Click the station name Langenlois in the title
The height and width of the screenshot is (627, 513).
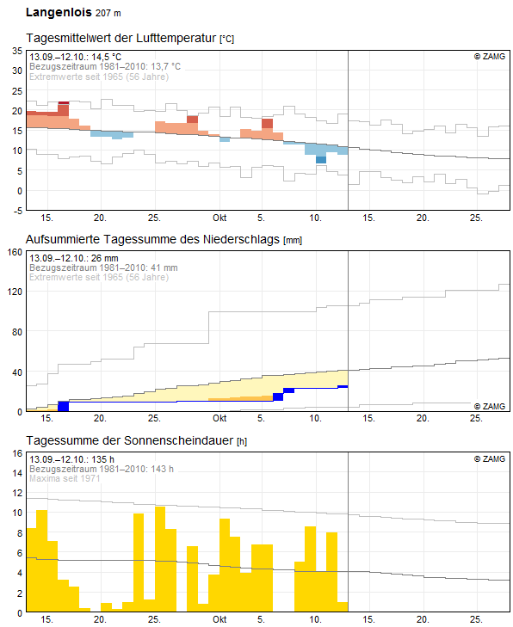58,13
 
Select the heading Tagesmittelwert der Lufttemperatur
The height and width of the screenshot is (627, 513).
122,39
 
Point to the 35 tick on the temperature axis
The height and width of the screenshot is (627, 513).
16,51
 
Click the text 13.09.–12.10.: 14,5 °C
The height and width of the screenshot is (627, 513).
76,57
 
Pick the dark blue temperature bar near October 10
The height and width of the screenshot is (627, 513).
321,159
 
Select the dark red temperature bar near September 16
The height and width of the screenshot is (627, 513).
63,108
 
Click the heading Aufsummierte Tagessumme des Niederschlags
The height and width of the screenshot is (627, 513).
153,240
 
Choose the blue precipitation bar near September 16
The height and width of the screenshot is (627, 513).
63,406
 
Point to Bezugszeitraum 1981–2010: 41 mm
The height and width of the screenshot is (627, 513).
103,267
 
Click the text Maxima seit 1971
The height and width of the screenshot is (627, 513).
65,478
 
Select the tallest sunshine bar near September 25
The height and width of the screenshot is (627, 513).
160,559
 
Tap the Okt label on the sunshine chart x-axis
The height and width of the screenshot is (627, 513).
219,619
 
